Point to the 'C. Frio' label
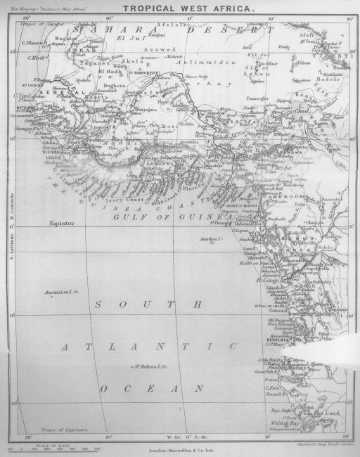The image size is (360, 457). [x=271, y=387]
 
